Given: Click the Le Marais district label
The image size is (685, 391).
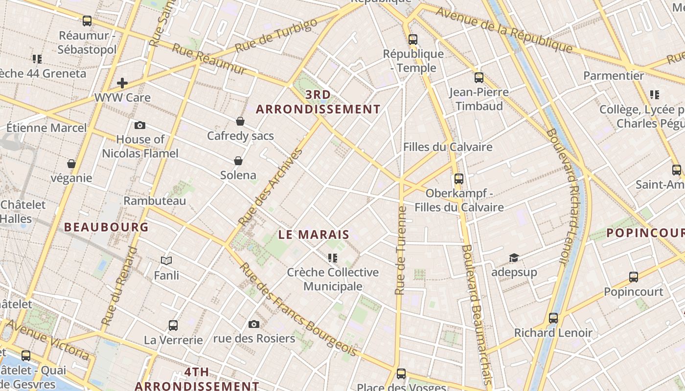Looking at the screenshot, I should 314,235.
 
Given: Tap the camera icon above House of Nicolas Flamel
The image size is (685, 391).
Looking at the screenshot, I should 139,125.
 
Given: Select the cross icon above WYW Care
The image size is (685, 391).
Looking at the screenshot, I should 122,83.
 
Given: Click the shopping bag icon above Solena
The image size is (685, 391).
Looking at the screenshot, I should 238,161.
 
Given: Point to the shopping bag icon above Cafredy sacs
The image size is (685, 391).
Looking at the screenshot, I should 240,121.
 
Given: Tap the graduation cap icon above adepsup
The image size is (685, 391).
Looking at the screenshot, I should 514,258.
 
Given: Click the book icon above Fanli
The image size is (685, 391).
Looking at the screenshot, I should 166,261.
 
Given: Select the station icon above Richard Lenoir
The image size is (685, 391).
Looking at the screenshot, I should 553,318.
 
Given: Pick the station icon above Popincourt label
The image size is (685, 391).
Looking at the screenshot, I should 634,277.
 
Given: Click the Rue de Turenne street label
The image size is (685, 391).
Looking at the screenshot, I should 400,250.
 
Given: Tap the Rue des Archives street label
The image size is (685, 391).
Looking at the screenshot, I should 270,187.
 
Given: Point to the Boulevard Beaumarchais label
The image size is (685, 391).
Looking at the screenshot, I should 476,313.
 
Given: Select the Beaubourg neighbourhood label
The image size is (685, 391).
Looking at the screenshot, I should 106,227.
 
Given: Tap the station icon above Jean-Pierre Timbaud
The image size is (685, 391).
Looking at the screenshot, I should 479,77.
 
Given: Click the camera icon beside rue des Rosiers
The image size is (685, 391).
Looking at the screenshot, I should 253,324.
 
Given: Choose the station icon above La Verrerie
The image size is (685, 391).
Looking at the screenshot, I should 173,326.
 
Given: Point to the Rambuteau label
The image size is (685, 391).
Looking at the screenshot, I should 155,201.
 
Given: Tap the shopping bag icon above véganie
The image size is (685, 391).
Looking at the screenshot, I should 71,163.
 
